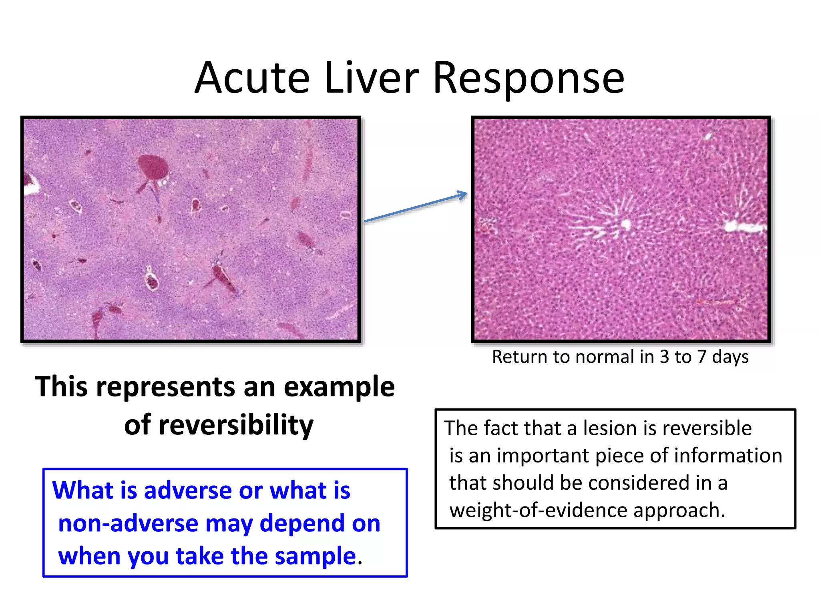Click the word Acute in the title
[x=252, y=78]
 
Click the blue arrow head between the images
[x=462, y=195]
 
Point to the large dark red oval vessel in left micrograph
[x=153, y=167]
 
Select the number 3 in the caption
[x=664, y=357]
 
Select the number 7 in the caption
[x=701, y=357]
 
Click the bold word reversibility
[x=236, y=425]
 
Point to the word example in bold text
[x=339, y=388]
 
